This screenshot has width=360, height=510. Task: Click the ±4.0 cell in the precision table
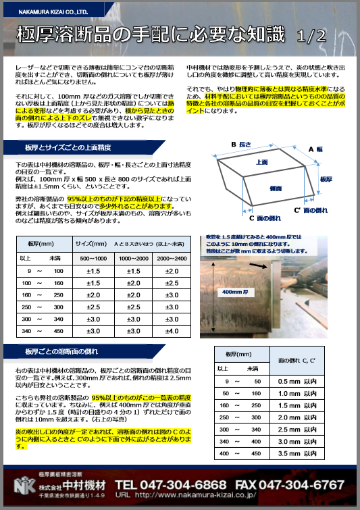click(x=172, y=330)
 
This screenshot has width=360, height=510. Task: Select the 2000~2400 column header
click(x=172, y=259)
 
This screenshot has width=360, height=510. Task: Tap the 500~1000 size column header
click(x=94, y=259)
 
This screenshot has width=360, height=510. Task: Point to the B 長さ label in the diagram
click(x=241, y=145)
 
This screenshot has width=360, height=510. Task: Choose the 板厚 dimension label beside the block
click(x=325, y=179)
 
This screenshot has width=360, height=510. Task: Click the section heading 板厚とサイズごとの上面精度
click(x=67, y=147)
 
